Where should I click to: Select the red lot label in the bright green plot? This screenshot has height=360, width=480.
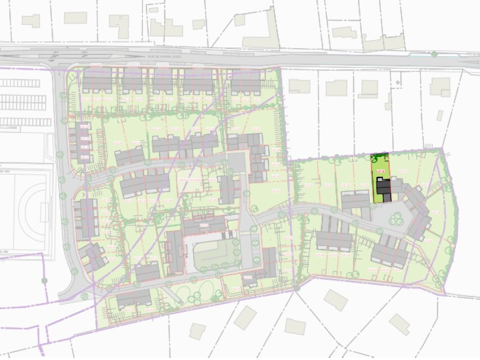point(381,171)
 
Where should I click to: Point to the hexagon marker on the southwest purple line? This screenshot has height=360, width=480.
point(44,280)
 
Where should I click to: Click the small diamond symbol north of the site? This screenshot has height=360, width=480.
point(397,82)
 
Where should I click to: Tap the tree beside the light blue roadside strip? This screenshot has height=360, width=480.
point(435,54)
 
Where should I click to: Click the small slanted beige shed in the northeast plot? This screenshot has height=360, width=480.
point(440,115)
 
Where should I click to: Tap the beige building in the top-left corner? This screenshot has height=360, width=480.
point(31,21)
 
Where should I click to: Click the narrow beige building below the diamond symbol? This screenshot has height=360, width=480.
point(389,102)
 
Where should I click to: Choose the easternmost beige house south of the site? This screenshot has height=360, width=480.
point(399,324)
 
